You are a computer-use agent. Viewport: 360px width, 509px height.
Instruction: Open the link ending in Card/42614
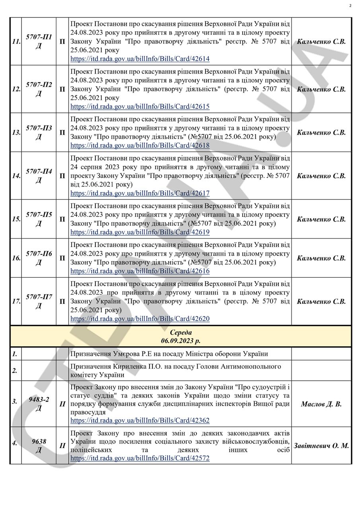point(140,59)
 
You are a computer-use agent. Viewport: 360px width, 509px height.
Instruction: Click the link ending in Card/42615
point(140,107)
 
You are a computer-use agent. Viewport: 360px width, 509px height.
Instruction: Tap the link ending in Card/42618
point(140,145)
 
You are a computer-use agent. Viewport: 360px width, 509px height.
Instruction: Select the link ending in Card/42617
point(140,193)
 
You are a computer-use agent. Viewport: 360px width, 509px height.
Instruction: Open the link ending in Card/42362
point(140,420)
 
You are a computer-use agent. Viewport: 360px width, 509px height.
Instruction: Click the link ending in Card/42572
point(140,458)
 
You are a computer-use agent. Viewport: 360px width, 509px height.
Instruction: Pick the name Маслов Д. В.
point(321,404)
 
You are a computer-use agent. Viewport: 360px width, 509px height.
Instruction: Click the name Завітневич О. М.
point(321,446)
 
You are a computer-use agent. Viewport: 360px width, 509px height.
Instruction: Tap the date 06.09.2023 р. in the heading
point(181,341)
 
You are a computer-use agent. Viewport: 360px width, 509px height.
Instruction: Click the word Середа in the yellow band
point(181,332)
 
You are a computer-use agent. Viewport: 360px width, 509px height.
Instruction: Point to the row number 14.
point(16,176)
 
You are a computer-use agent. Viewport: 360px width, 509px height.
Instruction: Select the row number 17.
point(16,301)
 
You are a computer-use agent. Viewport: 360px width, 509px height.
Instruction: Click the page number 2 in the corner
point(350,6)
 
